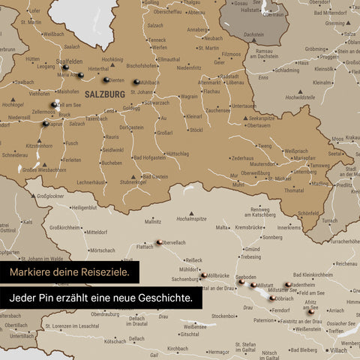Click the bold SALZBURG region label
pos(104,94)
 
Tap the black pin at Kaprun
pos(46,122)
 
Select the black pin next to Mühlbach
pos(136,82)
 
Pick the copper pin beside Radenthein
pos(288,284)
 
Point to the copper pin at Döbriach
pos(272,297)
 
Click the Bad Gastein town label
pos(154,176)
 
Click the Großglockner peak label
pos(50,196)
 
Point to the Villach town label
pos(338,350)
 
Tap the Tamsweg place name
pos(319,166)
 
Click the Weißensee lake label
pos(195,326)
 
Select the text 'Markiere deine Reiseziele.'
pos(70,271)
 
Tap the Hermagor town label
pos(217,351)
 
